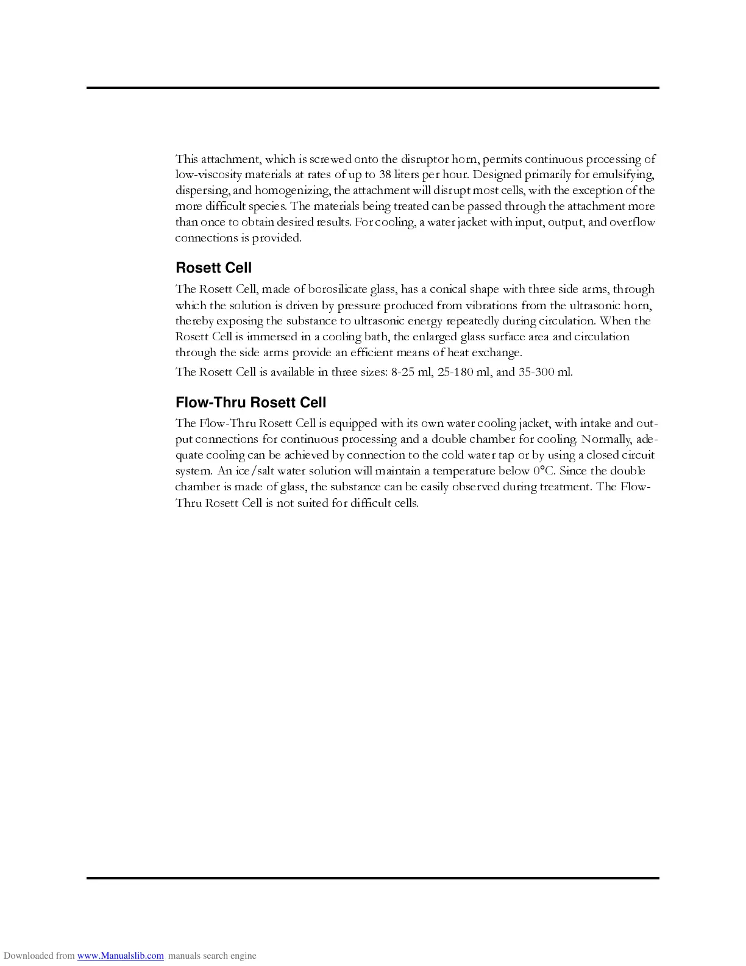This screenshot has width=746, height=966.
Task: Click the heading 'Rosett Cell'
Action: (213, 268)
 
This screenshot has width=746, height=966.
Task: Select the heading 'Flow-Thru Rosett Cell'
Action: (250, 402)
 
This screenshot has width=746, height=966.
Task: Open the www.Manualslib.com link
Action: (120, 956)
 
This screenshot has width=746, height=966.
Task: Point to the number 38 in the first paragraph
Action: (385, 174)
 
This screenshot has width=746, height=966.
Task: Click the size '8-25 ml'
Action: (412, 372)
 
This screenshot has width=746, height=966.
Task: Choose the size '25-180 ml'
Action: (464, 372)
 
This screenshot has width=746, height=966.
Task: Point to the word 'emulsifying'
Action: (623, 174)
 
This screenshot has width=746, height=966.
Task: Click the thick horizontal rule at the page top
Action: (372, 88)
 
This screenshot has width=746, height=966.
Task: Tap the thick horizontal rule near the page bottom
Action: (372, 878)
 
